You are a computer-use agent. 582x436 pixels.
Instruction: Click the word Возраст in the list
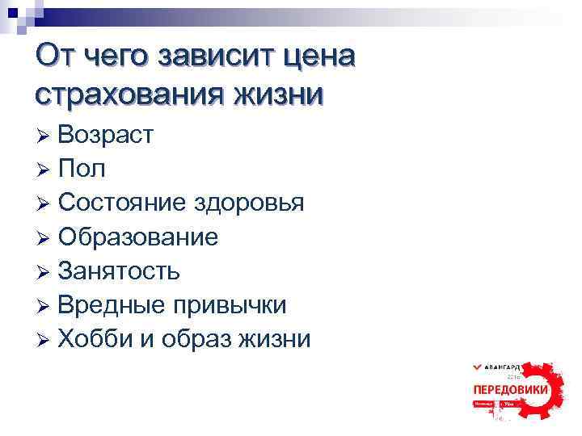point(105,134)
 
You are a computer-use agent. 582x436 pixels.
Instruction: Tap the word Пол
point(81,168)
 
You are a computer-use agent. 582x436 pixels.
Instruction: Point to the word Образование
point(137,237)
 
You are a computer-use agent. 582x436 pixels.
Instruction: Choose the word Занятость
point(119,270)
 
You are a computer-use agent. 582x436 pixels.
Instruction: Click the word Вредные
point(110,304)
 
